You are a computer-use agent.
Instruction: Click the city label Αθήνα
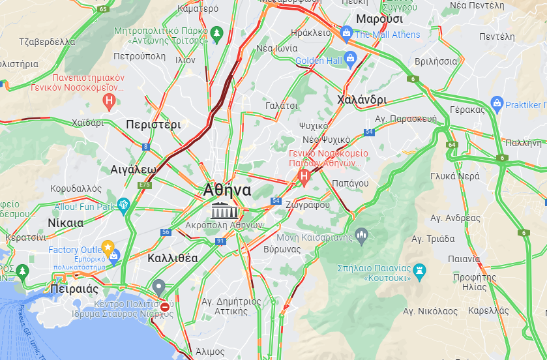click(227, 190)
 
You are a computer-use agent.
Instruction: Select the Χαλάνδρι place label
click(362, 100)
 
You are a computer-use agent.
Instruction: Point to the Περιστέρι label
click(153, 124)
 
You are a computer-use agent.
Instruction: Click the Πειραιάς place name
click(74, 289)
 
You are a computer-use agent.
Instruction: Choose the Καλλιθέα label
click(172, 258)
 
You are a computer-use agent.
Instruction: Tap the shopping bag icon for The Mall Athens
click(346, 33)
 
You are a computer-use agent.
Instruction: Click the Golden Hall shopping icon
click(351, 61)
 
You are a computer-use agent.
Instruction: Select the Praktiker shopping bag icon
click(497, 104)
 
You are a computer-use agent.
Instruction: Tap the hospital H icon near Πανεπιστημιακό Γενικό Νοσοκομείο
click(110, 101)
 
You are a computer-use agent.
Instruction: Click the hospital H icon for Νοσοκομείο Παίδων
click(303, 175)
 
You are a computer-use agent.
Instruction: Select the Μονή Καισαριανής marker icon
click(361, 234)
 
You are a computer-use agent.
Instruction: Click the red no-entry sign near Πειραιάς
click(165, 307)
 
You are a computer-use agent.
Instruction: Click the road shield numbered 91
click(220, 241)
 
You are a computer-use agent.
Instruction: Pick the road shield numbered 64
click(452, 144)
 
